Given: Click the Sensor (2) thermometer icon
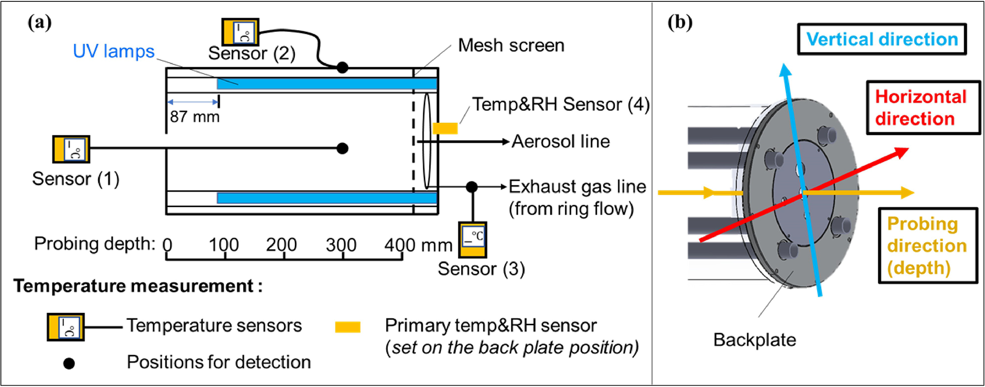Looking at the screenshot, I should coord(241,32).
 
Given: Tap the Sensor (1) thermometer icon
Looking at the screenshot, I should coord(71,149).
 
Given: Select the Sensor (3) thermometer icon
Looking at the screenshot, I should coord(473,239).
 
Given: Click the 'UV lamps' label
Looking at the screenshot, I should coord(113,51).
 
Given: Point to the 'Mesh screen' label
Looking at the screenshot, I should coord(511,46).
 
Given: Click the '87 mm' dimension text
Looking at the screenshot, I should coord(194,117).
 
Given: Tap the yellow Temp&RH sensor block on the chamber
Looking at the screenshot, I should coord(445,129).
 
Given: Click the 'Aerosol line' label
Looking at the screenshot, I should coord(560,142).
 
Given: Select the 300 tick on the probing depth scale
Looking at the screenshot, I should coord(343,256).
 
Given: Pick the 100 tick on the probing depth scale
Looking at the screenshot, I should coord(225,256).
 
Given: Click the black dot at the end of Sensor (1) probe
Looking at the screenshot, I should coord(342,149).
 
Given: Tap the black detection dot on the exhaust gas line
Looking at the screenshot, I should coord(472,187).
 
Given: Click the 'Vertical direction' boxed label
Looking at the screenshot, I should coord(882,40).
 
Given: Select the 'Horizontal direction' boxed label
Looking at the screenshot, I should coord(921,108).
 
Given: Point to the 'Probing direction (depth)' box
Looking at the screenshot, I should coord(927,246).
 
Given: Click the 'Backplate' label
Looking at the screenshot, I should coord(754,340).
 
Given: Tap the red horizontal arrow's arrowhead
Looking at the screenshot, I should coord(902,152).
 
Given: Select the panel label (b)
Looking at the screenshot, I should coord(680,22).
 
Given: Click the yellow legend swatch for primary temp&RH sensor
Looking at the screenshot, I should coord(347,327).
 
